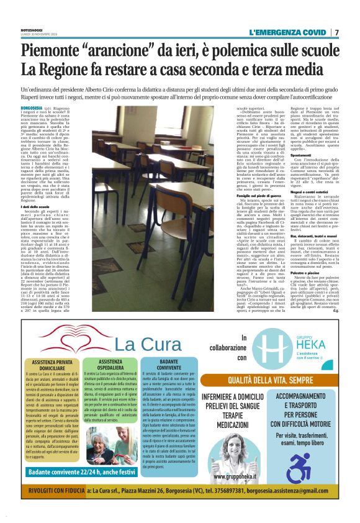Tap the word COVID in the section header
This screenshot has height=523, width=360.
[x=312, y=32]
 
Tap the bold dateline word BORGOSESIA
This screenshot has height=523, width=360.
[x=32, y=108]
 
